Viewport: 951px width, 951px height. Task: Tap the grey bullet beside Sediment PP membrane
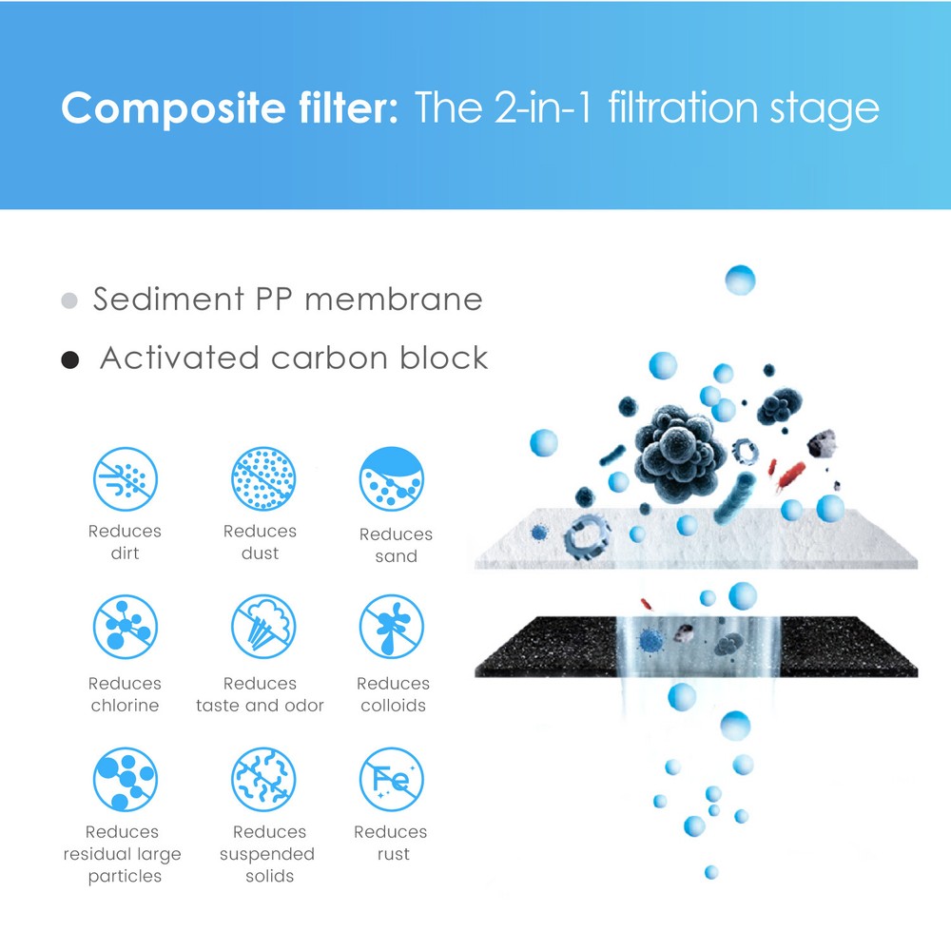tap(68, 301)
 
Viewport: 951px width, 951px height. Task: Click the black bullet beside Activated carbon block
tap(69, 360)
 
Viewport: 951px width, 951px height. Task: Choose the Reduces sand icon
tap(392, 479)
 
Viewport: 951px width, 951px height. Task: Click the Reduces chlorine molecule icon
tap(126, 628)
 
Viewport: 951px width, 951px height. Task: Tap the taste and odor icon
tap(263, 628)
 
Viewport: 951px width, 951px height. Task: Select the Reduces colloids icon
tap(392, 628)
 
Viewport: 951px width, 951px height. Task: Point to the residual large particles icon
tap(126, 779)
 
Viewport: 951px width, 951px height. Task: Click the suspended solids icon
tap(263, 779)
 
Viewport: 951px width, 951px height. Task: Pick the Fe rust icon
tap(392, 779)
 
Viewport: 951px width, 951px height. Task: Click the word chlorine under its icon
tap(125, 706)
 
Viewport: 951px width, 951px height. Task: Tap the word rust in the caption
tap(393, 854)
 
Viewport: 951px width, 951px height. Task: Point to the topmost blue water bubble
tap(740, 280)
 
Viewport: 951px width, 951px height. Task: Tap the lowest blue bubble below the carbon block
tap(710, 872)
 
